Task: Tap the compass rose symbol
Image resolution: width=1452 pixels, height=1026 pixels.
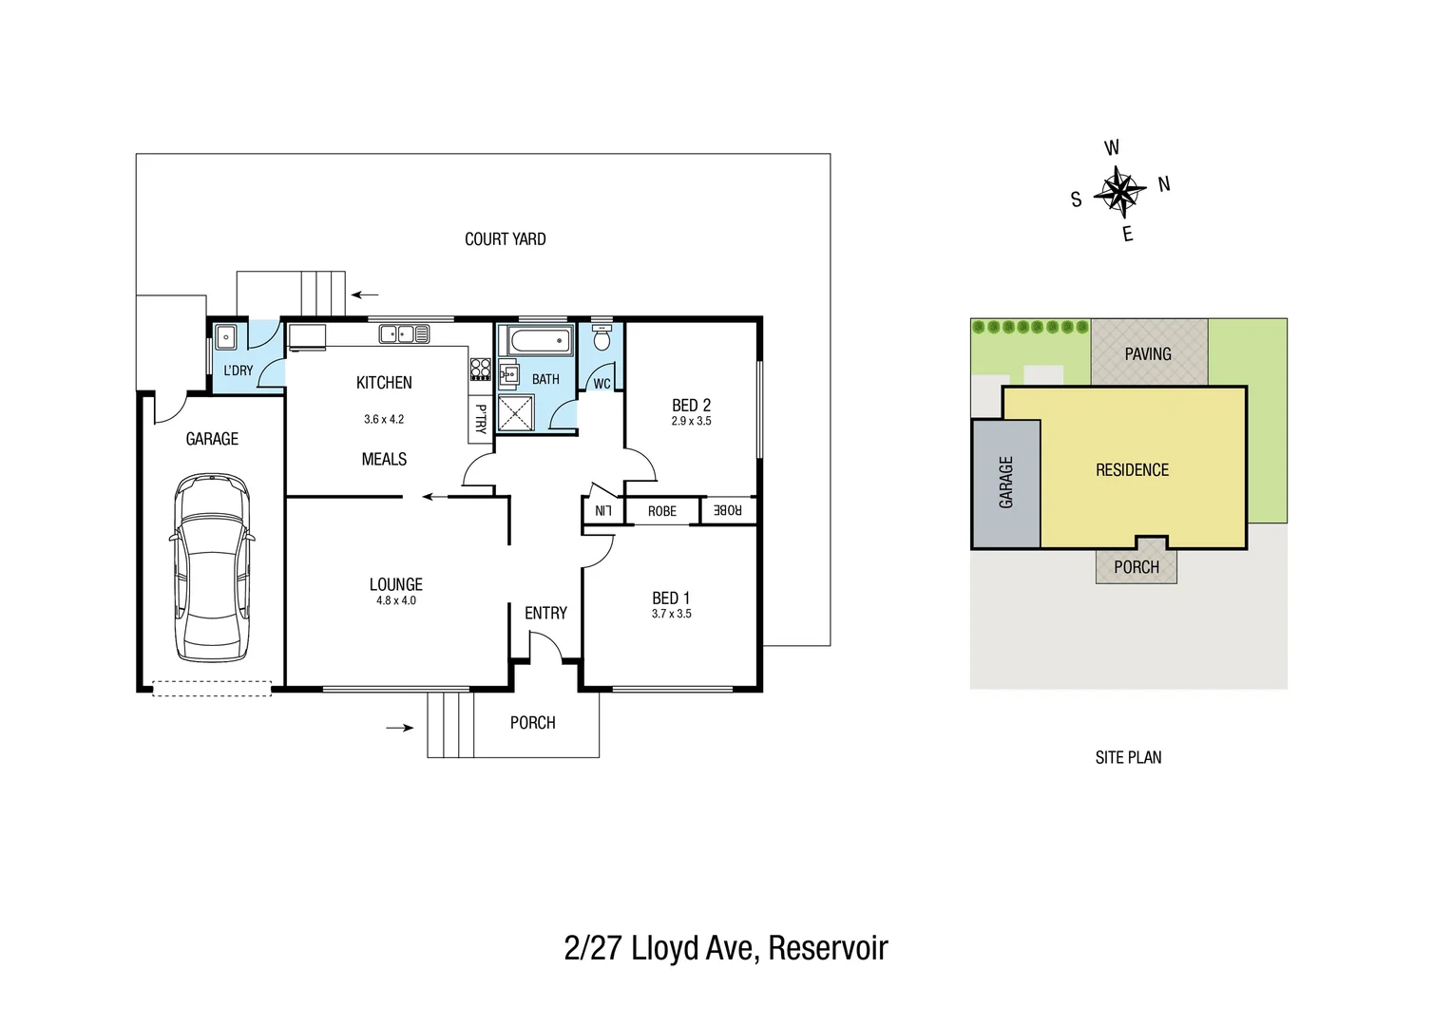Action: [x=1120, y=192]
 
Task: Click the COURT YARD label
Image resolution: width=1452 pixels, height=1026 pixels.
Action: [x=505, y=239]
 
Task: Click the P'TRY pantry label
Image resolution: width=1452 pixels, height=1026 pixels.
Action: [x=481, y=419]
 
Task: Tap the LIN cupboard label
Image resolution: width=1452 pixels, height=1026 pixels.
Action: [x=602, y=511]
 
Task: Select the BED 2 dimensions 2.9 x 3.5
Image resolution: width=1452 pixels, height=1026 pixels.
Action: [x=691, y=421]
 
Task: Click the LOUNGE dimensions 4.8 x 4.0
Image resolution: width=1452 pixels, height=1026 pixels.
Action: [x=395, y=600]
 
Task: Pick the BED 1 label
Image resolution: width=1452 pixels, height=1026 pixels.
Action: [x=671, y=598]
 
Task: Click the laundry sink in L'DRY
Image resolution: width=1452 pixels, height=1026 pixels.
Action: [x=226, y=337]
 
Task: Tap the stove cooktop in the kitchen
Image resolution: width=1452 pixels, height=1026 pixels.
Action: [x=481, y=369]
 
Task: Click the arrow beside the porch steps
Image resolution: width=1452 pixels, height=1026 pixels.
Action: [x=400, y=728]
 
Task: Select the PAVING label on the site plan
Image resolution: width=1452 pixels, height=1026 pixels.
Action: [x=1148, y=354]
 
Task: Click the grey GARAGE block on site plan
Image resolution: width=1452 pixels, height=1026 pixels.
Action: [x=1005, y=483]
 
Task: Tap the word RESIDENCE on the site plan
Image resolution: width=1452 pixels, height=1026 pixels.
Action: [x=1132, y=470]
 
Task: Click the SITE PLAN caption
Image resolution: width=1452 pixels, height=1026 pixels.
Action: [x=1128, y=757]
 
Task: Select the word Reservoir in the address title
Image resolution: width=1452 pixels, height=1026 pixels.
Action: [x=828, y=948]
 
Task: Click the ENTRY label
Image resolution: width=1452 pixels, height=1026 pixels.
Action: [x=545, y=614]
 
